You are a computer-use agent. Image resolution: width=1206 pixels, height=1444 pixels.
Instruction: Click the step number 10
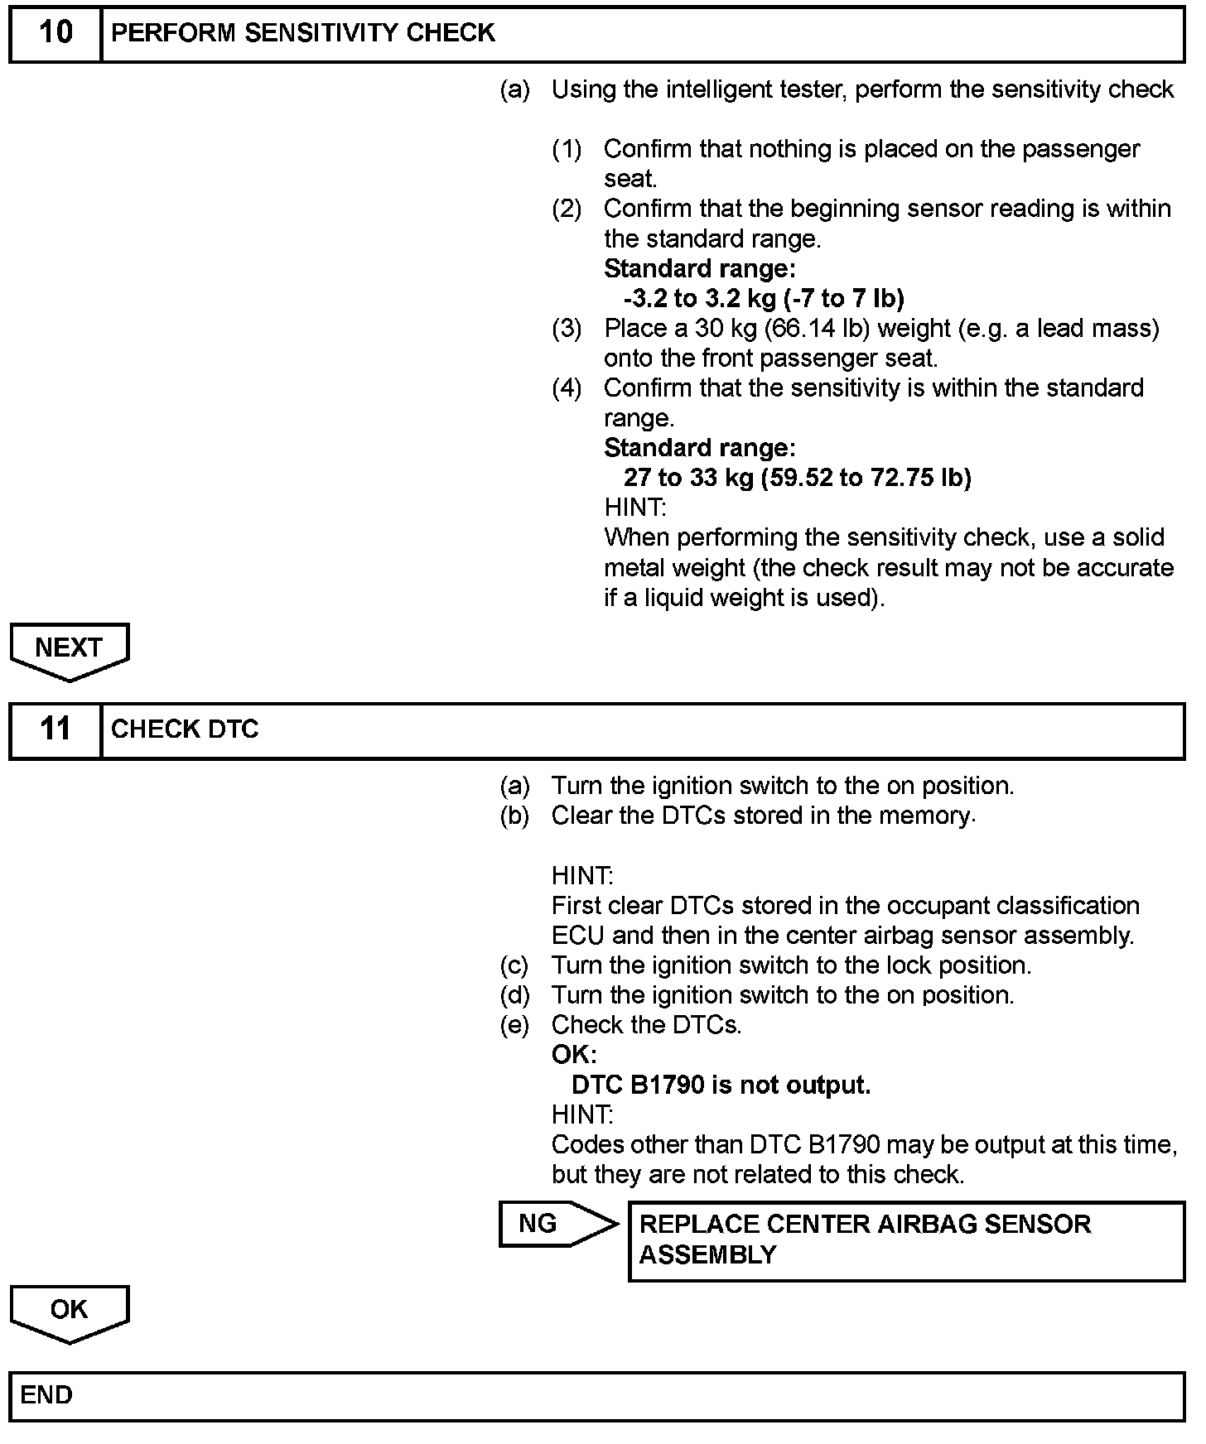coord(55,33)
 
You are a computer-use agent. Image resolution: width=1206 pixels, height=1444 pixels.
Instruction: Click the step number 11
coord(55,729)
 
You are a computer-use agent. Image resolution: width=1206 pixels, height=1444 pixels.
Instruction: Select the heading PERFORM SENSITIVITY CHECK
coord(302,33)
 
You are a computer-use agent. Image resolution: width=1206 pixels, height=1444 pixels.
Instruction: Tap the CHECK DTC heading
coord(185,729)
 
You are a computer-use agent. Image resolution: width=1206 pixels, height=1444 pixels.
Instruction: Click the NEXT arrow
coord(70,650)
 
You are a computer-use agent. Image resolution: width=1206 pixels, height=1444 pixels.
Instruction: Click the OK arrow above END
coord(70,1312)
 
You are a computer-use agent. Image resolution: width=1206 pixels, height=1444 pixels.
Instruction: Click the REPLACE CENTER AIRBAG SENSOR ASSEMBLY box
coord(906,1240)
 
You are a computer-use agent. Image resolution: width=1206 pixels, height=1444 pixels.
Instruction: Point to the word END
coord(46,1395)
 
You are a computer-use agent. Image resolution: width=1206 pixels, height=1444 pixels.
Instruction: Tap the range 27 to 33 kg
coord(688,478)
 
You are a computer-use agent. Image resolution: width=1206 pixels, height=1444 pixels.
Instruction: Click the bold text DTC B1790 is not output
coord(721,1085)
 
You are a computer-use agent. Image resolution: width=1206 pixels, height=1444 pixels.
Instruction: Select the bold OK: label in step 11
coord(573,1055)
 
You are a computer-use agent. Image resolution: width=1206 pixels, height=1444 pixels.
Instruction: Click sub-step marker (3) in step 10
coord(567,329)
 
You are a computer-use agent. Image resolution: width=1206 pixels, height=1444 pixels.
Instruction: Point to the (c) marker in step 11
coord(514,965)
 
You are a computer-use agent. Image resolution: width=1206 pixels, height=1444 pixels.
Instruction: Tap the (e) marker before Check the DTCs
coord(514,1025)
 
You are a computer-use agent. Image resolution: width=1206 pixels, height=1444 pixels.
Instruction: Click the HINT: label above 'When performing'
coord(634,508)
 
